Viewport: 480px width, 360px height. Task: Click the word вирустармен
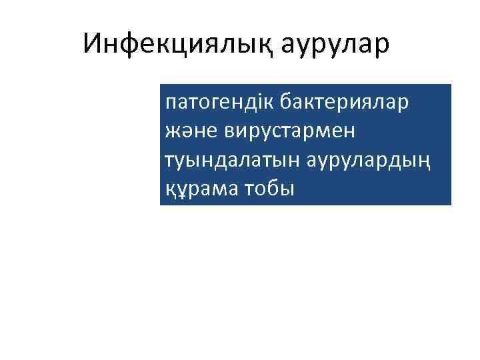tap(291, 132)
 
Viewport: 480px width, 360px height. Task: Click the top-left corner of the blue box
tap(160, 85)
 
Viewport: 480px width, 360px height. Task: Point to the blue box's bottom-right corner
tap(451, 204)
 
